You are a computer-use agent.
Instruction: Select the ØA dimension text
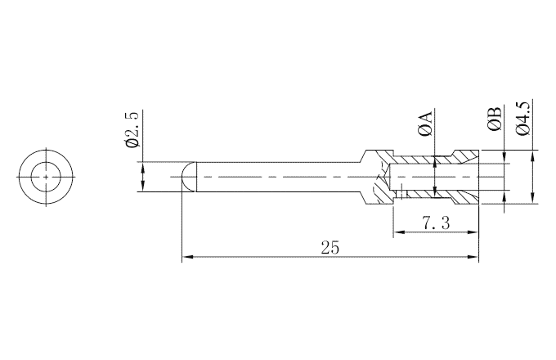pyautogui.click(x=425, y=120)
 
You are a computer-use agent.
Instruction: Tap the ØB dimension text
pyautogui.click(x=494, y=120)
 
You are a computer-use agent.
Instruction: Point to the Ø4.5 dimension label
pyautogui.click(x=524, y=117)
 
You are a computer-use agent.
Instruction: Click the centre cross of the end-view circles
pyautogui.click(x=47, y=176)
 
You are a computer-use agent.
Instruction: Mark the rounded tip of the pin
pyautogui.click(x=186, y=176)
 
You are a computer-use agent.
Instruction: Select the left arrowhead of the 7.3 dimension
pyautogui.click(x=398, y=233)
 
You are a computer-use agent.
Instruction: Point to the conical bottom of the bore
pyautogui.click(x=387, y=176)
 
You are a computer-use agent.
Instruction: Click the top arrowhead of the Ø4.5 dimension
pyautogui.click(x=533, y=155)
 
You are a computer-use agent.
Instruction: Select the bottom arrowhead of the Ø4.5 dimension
pyautogui.click(x=533, y=197)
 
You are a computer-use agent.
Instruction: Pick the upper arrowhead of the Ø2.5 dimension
pyautogui.click(x=144, y=166)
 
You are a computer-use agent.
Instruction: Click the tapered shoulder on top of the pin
pyautogui.click(x=361, y=155)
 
